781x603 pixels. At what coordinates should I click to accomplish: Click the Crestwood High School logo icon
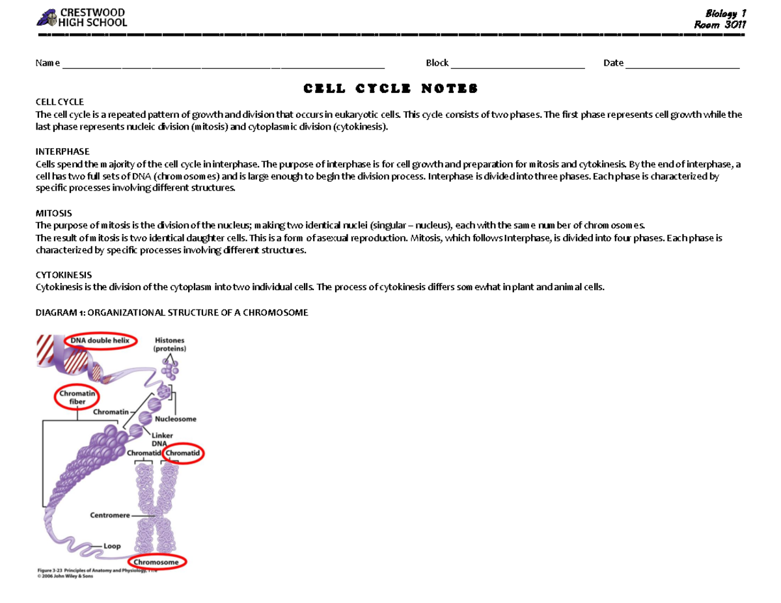pos(47,18)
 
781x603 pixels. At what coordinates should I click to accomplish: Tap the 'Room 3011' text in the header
pos(719,25)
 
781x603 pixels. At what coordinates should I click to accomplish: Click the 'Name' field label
pos(48,63)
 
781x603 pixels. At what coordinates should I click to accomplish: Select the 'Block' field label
pos(437,63)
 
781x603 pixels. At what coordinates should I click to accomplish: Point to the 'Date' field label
pos(613,63)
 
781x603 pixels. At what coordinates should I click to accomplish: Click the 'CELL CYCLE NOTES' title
pos(390,88)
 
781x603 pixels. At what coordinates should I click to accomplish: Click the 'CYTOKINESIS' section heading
pos(63,275)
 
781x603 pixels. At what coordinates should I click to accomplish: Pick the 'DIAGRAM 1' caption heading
pos(171,312)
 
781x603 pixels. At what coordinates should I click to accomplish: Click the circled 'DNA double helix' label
pos(100,340)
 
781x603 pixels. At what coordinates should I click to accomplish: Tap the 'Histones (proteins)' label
pos(170,344)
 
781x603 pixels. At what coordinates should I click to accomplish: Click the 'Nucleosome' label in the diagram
pos(175,420)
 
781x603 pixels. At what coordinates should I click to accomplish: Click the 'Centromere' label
pos(110,515)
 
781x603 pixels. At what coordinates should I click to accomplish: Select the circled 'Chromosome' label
pos(157,562)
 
